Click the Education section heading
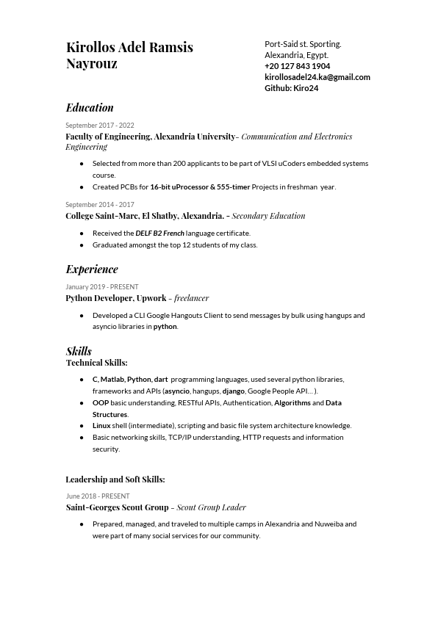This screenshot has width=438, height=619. coord(90,108)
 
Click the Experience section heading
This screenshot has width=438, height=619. coord(92,269)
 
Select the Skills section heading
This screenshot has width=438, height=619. coord(79,351)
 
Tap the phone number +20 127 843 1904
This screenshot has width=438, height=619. coord(297,66)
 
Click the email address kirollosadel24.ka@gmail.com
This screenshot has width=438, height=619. coord(317,77)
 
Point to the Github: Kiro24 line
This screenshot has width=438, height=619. coord(291,88)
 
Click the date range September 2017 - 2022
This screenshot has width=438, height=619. coord(99,126)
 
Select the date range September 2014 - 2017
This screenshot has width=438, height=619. coord(99,205)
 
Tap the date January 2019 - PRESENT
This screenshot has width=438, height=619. coord(101,287)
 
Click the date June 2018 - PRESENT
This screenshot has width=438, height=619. coord(97,496)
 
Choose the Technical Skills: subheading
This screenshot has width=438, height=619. coord(96,363)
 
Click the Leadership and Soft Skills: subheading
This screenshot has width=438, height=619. coord(115,479)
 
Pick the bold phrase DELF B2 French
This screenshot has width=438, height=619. coord(159,234)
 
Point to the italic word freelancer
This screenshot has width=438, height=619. coord(191,298)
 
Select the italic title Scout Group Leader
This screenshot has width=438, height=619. coord(211,507)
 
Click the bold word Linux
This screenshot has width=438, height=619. coord(101,426)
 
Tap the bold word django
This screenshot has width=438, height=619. coord(233,391)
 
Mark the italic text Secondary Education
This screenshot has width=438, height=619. coord(268,216)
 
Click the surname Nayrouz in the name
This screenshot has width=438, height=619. coord(91,64)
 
